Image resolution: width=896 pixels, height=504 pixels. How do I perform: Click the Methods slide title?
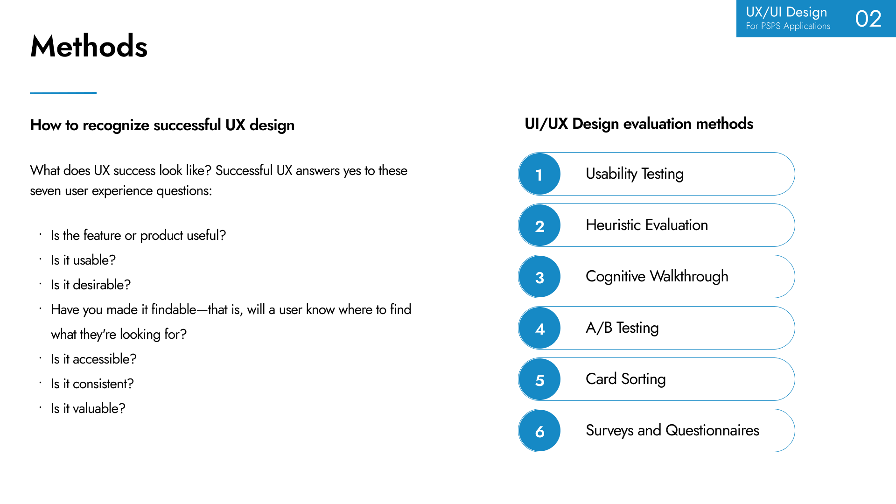click(x=89, y=46)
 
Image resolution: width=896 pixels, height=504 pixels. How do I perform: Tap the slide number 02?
click(x=868, y=19)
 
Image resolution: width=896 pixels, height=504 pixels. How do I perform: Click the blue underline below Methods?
click(x=63, y=93)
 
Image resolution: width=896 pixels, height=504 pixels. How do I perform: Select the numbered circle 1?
click(x=539, y=174)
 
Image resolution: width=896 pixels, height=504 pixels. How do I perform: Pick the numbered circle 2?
click(x=539, y=225)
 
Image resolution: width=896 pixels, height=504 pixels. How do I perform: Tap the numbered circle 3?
click(x=539, y=277)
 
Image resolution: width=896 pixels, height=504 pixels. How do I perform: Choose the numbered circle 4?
click(x=539, y=328)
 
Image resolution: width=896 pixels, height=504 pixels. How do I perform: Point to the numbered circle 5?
click(x=539, y=379)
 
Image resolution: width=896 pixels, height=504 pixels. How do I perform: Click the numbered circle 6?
click(x=539, y=431)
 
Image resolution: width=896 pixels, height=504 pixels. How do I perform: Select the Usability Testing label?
click(x=635, y=174)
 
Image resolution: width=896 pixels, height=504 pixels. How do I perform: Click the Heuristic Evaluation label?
click(x=647, y=225)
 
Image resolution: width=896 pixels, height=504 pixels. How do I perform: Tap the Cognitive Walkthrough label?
click(x=657, y=277)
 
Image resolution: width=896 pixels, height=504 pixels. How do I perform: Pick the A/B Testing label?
click(x=622, y=328)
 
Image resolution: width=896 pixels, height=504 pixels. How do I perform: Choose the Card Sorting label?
click(x=626, y=379)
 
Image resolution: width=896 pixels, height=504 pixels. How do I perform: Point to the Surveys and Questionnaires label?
click(x=672, y=430)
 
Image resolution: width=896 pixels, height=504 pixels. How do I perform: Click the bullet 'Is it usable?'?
click(x=83, y=260)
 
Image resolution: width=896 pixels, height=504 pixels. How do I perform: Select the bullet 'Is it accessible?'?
click(x=93, y=359)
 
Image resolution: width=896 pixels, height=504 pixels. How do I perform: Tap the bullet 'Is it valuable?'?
click(x=88, y=408)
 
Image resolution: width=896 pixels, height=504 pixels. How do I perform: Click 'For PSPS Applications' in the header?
click(x=788, y=26)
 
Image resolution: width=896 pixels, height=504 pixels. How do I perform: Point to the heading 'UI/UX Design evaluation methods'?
click(x=639, y=124)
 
